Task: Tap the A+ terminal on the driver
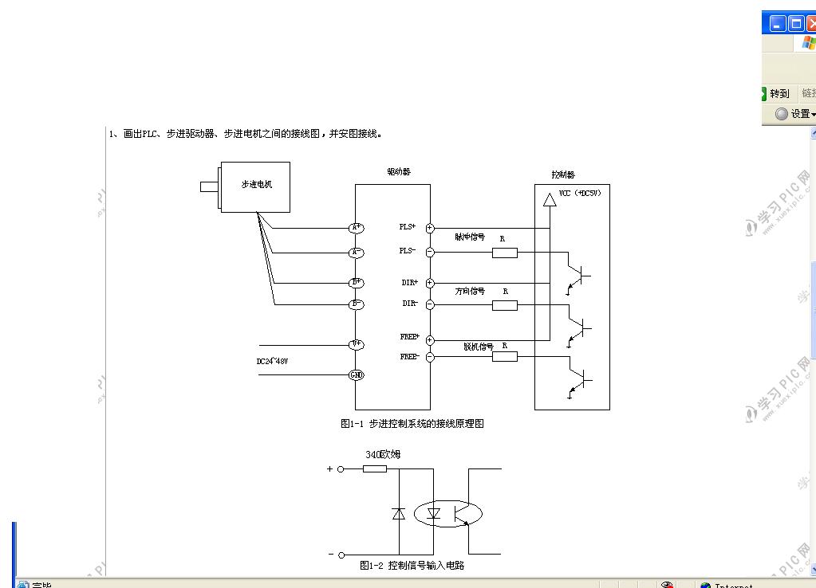tap(357, 228)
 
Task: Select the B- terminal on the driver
tap(357, 304)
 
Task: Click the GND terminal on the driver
tap(357, 374)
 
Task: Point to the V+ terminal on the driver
tap(357, 344)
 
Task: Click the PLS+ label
tap(408, 227)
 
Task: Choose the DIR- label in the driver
tap(409, 304)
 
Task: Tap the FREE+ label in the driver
tap(409, 337)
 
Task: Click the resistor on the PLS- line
tap(504, 253)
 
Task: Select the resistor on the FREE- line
tap(504, 356)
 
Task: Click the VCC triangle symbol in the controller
tap(549, 199)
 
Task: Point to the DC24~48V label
tap(272, 362)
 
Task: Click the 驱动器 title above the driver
tap(399, 171)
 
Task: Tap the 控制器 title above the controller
tap(562, 174)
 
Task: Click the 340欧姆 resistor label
tap(383, 454)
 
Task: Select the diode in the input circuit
tap(399, 514)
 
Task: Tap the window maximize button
tap(796, 24)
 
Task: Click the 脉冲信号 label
tap(470, 237)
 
